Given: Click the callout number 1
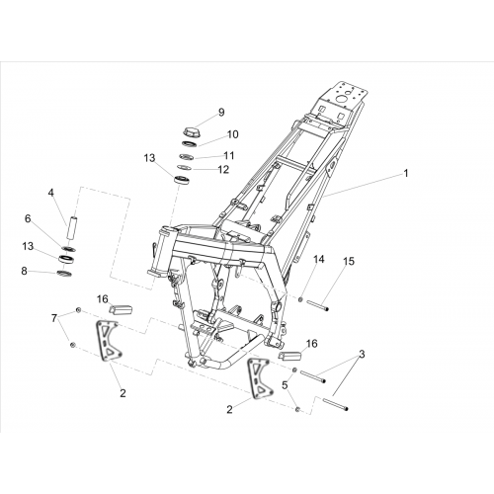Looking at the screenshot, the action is coord(406,173).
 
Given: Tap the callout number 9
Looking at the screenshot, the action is coord(221,113).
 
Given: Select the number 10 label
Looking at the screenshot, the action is coord(232,134).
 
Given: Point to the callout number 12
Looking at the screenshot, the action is coord(223,169).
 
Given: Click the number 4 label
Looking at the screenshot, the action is coord(50,193).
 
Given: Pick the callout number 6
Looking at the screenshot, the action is coord(28,218).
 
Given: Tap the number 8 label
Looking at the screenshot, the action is coord(24,272).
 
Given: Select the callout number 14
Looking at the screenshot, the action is coord(318,259).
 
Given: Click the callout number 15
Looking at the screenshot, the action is coord(349,261).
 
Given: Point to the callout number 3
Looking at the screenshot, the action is coord(362,355).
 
